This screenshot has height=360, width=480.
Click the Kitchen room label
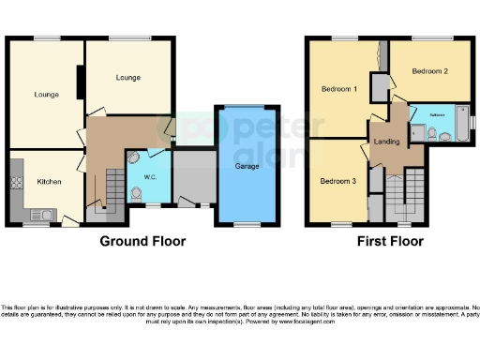[x=49, y=181]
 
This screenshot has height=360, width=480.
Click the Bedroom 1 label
[x=338, y=89]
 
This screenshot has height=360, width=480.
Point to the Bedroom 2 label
[x=429, y=71]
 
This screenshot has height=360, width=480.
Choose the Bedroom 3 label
[x=337, y=180]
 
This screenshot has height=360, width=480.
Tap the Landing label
[x=386, y=142]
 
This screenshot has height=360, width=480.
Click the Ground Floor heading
[x=142, y=241]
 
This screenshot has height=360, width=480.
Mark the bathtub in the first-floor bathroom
[x=462, y=122]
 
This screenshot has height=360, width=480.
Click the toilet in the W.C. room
[x=139, y=194]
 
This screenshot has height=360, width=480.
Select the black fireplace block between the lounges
[x=81, y=82]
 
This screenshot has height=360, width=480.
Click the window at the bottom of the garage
[x=247, y=223]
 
